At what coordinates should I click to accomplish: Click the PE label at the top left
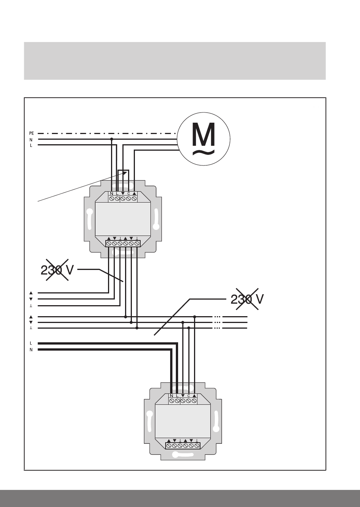tap(31, 133)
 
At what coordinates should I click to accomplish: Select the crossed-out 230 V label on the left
tap(57, 270)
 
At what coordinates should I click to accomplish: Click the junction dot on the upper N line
tap(111, 139)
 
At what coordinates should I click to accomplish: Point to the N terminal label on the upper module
tap(111, 194)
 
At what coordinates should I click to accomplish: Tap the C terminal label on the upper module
tap(128, 194)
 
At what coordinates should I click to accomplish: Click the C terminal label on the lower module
tap(189, 396)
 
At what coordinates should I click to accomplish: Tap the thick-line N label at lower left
tap(31, 350)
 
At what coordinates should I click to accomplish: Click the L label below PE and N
tap(31, 145)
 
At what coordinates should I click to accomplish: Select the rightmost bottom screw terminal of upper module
tap(137, 244)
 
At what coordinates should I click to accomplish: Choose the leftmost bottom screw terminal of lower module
tap(169, 446)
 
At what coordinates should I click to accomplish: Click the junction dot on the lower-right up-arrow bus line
tap(194, 317)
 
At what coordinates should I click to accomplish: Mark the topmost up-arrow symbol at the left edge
tap(31, 293)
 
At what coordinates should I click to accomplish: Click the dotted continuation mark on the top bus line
tap(217, 317)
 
